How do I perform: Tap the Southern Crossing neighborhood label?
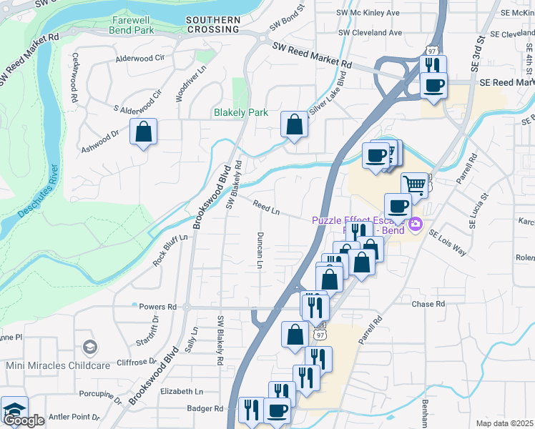[x=212, y=24]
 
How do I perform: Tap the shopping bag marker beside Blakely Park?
[x=294, y=124]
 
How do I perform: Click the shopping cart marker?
[x=413, y=184]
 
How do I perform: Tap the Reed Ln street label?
[x=265, y=208]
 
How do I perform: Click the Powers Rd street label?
[x=157, y=306]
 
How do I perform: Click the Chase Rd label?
[x=428, y=304]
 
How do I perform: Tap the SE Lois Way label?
[x=447, y=243]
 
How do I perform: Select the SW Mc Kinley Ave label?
[x=368, y=13]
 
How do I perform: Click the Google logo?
[x=24, y=420]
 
